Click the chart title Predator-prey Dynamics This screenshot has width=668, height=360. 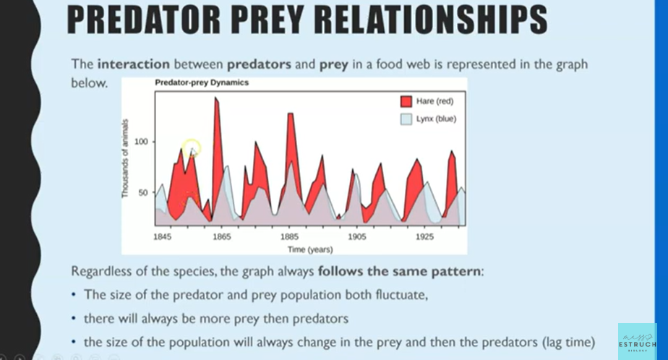202,82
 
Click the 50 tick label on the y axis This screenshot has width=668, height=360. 142,193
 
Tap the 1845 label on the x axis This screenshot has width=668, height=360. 163,236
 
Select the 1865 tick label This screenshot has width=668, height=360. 221,236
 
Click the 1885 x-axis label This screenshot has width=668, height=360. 289,236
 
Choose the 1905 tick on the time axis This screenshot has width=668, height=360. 356,236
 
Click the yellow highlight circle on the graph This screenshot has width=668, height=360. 191,150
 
